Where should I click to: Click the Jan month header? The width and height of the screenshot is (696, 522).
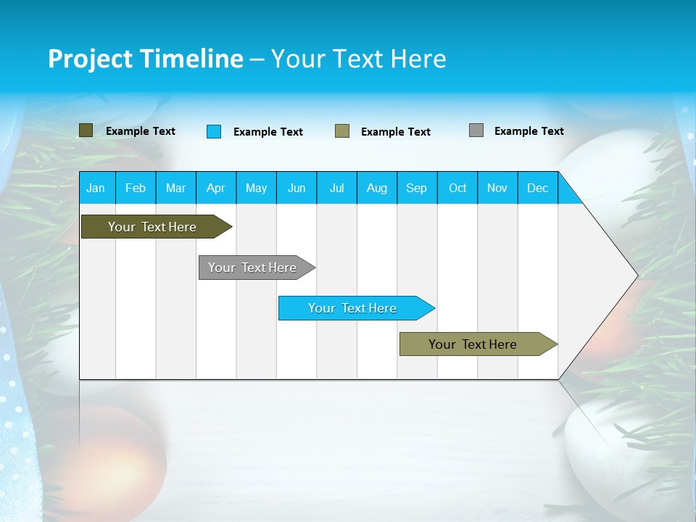tap(96, 188)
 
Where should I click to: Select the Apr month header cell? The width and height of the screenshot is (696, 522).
tap(215, 188)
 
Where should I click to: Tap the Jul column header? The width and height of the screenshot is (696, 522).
tap(336, 188)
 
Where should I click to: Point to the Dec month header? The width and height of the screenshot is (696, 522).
tap(537, 188)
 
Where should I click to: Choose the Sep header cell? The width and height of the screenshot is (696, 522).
tap(416, 188)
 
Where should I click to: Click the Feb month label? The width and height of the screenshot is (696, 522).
tap(136, 188)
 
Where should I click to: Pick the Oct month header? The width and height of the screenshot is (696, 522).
tap(457, 188)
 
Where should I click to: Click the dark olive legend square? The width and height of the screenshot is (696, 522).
tap(86, 130)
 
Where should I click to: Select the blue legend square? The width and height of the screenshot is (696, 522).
tap(214, 131)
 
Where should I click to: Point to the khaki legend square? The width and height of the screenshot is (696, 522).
tap(342, 131)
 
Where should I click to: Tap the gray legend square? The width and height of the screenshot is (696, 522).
tap(476, 130)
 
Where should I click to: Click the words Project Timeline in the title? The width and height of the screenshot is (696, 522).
tap(145, 59)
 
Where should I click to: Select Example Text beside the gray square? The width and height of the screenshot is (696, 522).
tap(529, 131)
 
